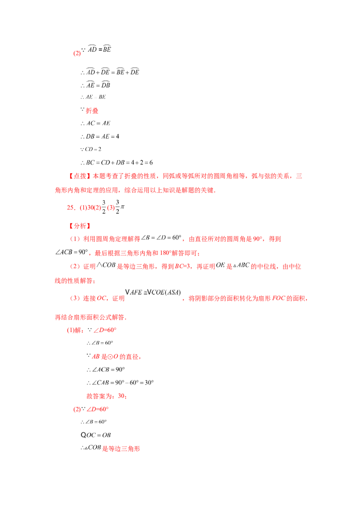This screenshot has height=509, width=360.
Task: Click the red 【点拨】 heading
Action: click(x=77, y=176)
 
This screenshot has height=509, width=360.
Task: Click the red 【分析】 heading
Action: click(x=80, y=226)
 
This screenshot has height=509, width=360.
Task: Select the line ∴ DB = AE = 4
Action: click(x=100, y=136)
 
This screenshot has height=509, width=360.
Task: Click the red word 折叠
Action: click(x=92, y=111)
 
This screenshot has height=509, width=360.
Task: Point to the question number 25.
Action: click(x=71, y=207)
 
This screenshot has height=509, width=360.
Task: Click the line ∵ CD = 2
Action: click(x=91, y=149)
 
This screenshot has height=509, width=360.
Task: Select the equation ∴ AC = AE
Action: click(x=95, y=123)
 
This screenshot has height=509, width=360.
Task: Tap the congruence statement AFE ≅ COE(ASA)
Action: click(x=153, y=292)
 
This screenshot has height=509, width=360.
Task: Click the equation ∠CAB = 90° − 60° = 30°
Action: click(x=120, y=382)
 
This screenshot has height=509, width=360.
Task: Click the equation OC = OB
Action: click(x=96, y=435)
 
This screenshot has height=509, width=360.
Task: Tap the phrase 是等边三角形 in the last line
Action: click(x=121, y=449)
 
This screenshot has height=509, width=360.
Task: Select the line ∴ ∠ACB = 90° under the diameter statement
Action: click(x=106, y=370)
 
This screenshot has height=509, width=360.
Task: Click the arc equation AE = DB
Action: click(x=95, y=85)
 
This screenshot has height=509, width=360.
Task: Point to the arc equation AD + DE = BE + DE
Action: click(x=110, y=71)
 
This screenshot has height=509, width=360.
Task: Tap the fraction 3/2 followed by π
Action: click(x=120, y=207)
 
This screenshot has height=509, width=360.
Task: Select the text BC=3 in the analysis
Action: click(x=182, y=267)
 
